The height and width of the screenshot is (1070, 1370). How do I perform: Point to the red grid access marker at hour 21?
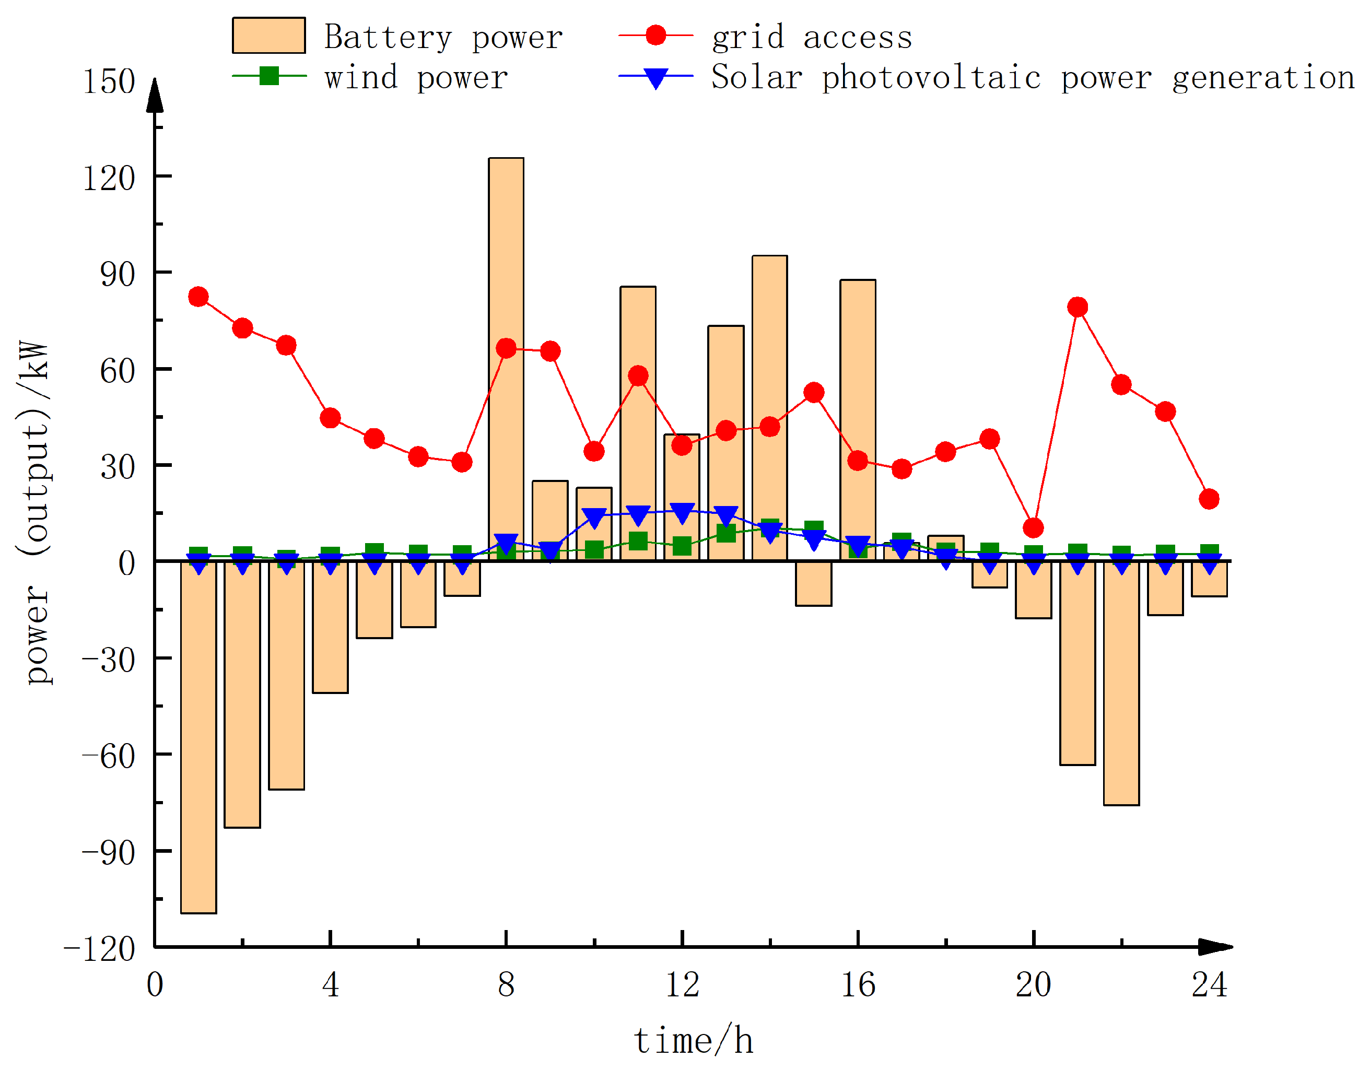[1078, 307]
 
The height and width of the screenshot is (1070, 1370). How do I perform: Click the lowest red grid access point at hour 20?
[1033, 528]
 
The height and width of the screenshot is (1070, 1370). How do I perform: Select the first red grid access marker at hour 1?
[198, 297]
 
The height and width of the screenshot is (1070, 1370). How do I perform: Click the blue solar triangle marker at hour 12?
[682, 512]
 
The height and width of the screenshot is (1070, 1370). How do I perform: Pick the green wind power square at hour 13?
[726, 533]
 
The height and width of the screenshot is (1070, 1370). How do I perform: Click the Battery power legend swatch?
[268, 36]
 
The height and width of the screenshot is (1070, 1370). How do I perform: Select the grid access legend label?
[812, 37]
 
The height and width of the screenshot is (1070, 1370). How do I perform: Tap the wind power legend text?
[416, 78]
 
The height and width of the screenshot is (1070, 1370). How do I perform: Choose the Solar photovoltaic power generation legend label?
[1033, 78]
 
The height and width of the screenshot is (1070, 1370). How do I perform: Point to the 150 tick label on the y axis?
[109, 81]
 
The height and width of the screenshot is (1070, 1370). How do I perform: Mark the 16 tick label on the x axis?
[858, 985]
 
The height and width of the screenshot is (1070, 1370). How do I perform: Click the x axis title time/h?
[693, 1041]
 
